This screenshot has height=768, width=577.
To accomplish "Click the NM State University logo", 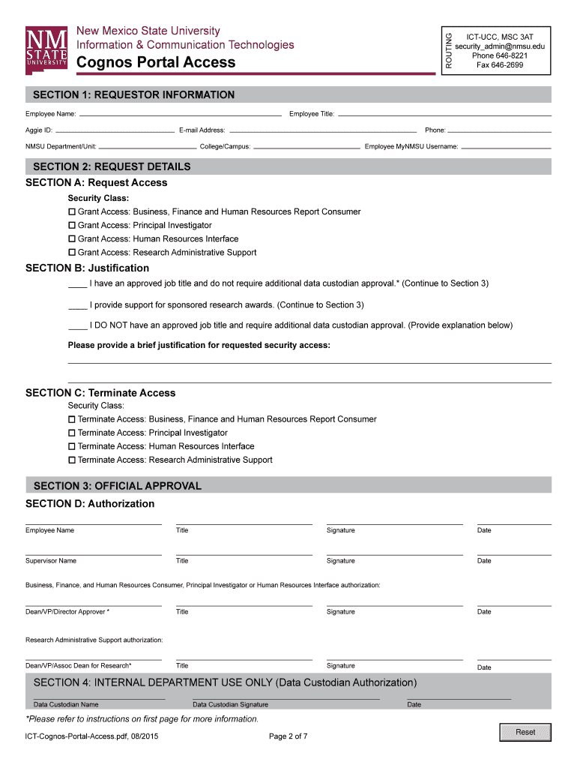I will pos(46,49).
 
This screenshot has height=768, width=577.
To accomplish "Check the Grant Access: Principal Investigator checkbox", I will pos(73,226).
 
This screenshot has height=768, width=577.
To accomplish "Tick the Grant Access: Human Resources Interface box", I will pos(73,239).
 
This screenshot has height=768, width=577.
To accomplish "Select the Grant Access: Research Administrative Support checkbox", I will pos(73,253).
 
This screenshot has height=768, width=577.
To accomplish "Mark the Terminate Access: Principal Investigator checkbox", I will pos(73,433).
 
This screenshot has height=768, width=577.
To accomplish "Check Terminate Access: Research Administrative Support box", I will pos(73,460).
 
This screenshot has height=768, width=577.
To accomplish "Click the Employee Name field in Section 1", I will pos(180,115).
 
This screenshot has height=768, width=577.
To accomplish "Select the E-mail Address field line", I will pos(322,130).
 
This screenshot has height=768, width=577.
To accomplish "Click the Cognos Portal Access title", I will pos(157,63).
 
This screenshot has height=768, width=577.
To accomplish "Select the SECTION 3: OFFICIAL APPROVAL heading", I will pos(118,486).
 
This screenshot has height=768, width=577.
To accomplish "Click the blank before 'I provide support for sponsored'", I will pos(77,305).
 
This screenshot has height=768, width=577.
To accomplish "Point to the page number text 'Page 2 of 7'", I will pos(288,736).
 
